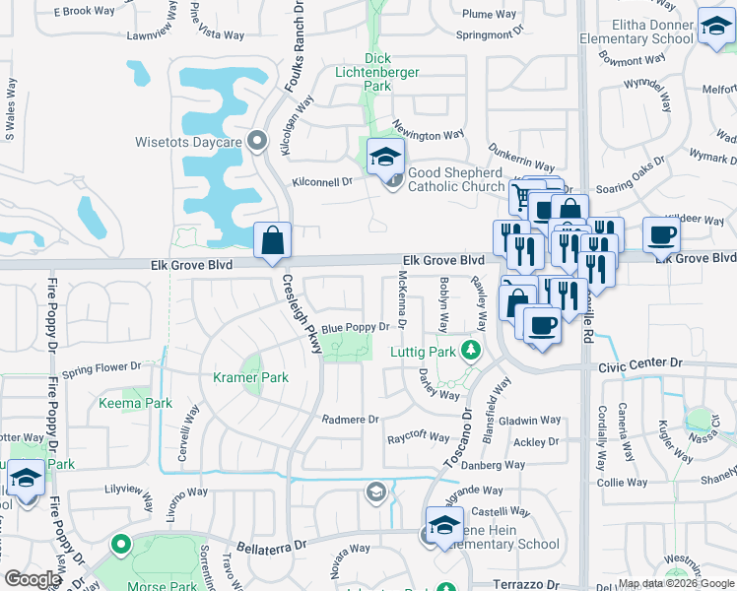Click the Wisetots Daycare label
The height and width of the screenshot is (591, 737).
189,143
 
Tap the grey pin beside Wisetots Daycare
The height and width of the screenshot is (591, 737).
258,143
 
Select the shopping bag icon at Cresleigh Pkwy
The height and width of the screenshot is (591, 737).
273,240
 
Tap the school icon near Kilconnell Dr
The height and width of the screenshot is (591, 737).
386,156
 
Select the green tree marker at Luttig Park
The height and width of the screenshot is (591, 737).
471,350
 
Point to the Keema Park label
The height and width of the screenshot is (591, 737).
135,403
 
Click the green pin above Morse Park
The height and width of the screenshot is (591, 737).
121,544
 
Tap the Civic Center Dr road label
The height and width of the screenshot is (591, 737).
641,363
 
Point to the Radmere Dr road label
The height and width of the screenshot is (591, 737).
351,419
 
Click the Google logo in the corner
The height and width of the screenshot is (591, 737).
33,579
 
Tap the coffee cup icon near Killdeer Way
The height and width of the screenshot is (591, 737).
661,234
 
